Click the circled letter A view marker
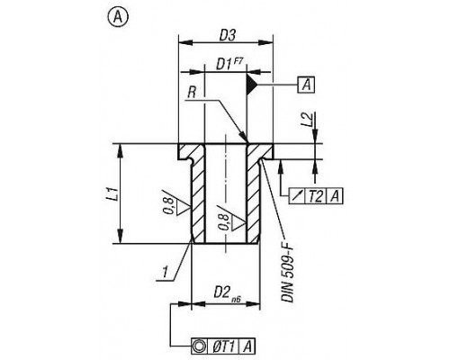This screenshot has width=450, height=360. point(118,18)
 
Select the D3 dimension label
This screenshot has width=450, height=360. point(227,36)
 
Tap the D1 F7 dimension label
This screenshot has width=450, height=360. point(229,64)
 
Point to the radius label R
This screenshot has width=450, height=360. point(192,93)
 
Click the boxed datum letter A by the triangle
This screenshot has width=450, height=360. point(306,85)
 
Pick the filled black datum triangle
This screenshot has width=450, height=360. point(251,85)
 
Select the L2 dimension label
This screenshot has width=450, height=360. point(309,119)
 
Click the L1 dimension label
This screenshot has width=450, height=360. point(112,193)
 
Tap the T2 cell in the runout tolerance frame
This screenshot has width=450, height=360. point(315,196)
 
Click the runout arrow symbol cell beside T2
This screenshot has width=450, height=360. point(297,196)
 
